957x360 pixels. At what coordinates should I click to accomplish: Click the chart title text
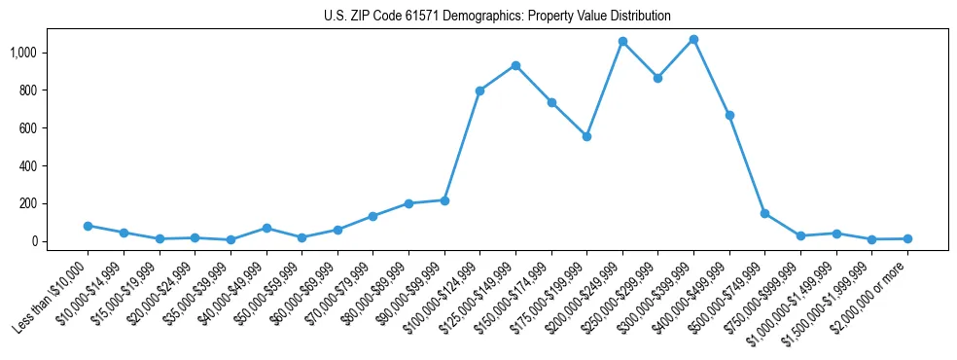[497, 17]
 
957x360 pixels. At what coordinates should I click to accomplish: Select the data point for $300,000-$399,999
[693, 40]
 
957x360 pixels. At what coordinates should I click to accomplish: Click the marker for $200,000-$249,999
[622, 42]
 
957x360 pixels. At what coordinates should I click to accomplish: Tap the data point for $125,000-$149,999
[515, 66]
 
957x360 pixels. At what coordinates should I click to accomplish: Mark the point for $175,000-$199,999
[586, 137]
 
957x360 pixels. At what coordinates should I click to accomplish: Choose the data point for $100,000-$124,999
[479, 90]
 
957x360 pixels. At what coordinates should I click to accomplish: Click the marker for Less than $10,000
[88, 226]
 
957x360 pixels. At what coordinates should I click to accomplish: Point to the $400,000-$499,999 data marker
[729, 115]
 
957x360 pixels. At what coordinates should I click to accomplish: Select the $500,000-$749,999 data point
[764, 213]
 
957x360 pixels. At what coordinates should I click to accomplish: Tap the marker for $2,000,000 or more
[907, 238]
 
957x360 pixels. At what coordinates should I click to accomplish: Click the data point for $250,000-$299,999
[657, 78]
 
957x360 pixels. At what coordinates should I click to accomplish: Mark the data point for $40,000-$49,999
[266, 228]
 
